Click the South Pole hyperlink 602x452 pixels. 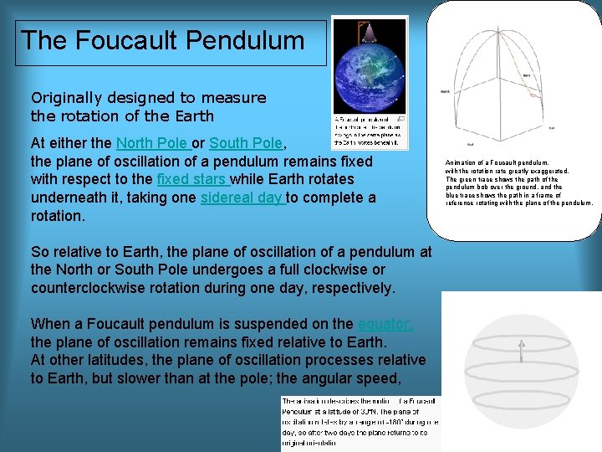247,142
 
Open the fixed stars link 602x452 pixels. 191,179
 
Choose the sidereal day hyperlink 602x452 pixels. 242,198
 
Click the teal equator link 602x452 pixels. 385,324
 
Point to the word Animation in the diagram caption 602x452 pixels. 462,162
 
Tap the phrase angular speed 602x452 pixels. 379,378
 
